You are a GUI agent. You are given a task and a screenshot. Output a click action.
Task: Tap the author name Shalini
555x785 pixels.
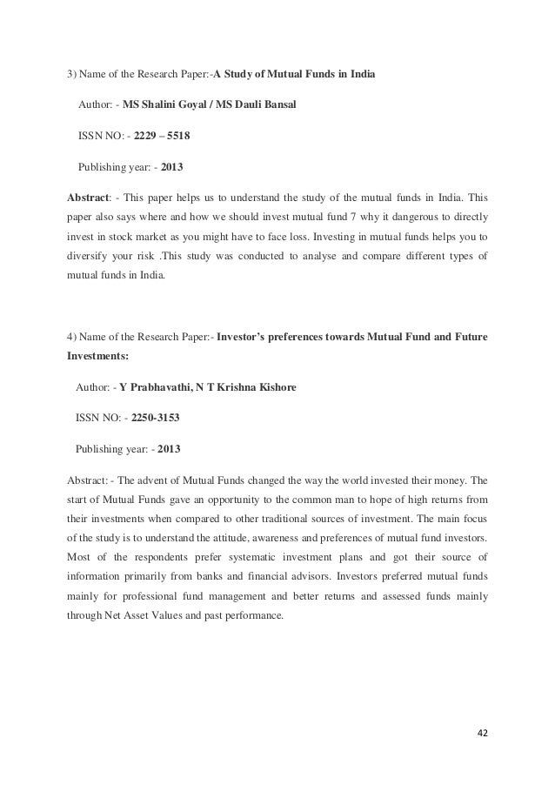click(163, 105)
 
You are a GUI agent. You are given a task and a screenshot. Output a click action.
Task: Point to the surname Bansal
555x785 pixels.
click(275, 105)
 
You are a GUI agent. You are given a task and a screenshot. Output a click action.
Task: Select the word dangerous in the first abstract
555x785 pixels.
click(409, 215)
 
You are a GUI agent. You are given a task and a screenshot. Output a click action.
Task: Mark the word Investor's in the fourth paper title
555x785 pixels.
click(247, 336)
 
